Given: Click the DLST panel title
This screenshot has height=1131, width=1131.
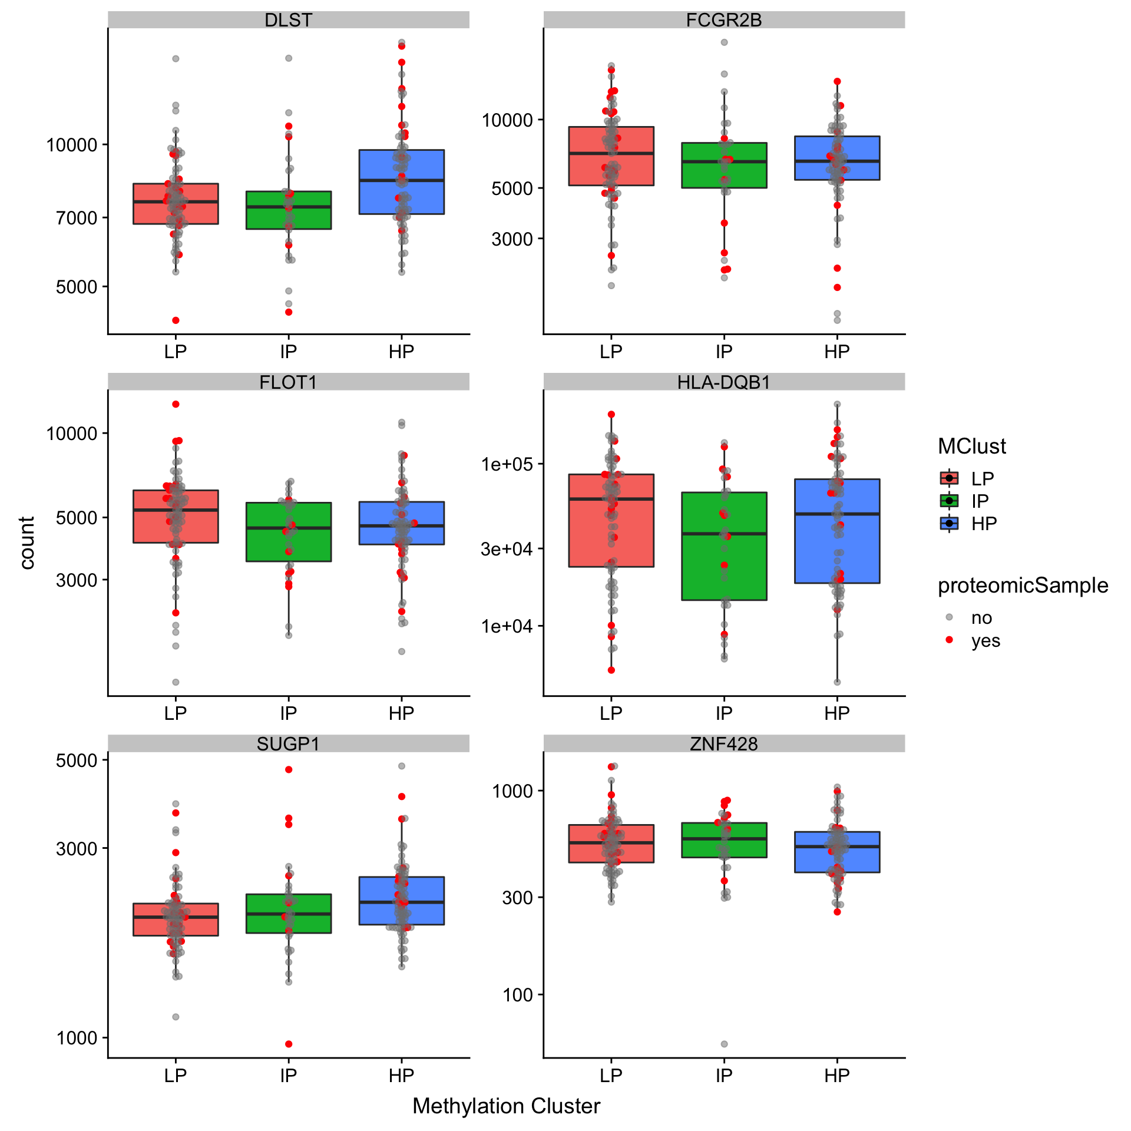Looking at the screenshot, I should (x=288, y=20).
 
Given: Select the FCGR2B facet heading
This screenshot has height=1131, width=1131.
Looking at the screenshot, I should (x=723, y=20).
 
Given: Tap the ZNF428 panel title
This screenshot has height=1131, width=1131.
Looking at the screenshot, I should (x=723, y=744).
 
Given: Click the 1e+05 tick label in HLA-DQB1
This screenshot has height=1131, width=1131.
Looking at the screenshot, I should (x=507, y=464).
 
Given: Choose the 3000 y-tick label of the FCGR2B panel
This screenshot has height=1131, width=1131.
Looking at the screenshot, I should (x=512, y=239).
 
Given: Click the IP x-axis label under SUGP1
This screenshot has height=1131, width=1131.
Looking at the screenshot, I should (x=288, y=1076).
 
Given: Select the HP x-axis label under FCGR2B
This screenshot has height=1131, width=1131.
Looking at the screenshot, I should (x=836, y=352).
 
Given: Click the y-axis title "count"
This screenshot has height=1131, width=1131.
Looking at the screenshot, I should (x=27, y=543).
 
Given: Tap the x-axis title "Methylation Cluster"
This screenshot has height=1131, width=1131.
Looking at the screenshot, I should (x=506, y=1106).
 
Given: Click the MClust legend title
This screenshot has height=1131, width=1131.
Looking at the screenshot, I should (x=971, y=447).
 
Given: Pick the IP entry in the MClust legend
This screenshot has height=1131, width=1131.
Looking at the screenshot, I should (x=980, y=501).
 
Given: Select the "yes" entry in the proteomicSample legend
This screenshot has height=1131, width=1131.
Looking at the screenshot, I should (x=986, y=640).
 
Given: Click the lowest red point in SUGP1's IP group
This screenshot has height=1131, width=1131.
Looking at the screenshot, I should (x=289, y=1044).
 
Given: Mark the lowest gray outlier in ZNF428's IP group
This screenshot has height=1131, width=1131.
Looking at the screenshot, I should (x=724, y=1044).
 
